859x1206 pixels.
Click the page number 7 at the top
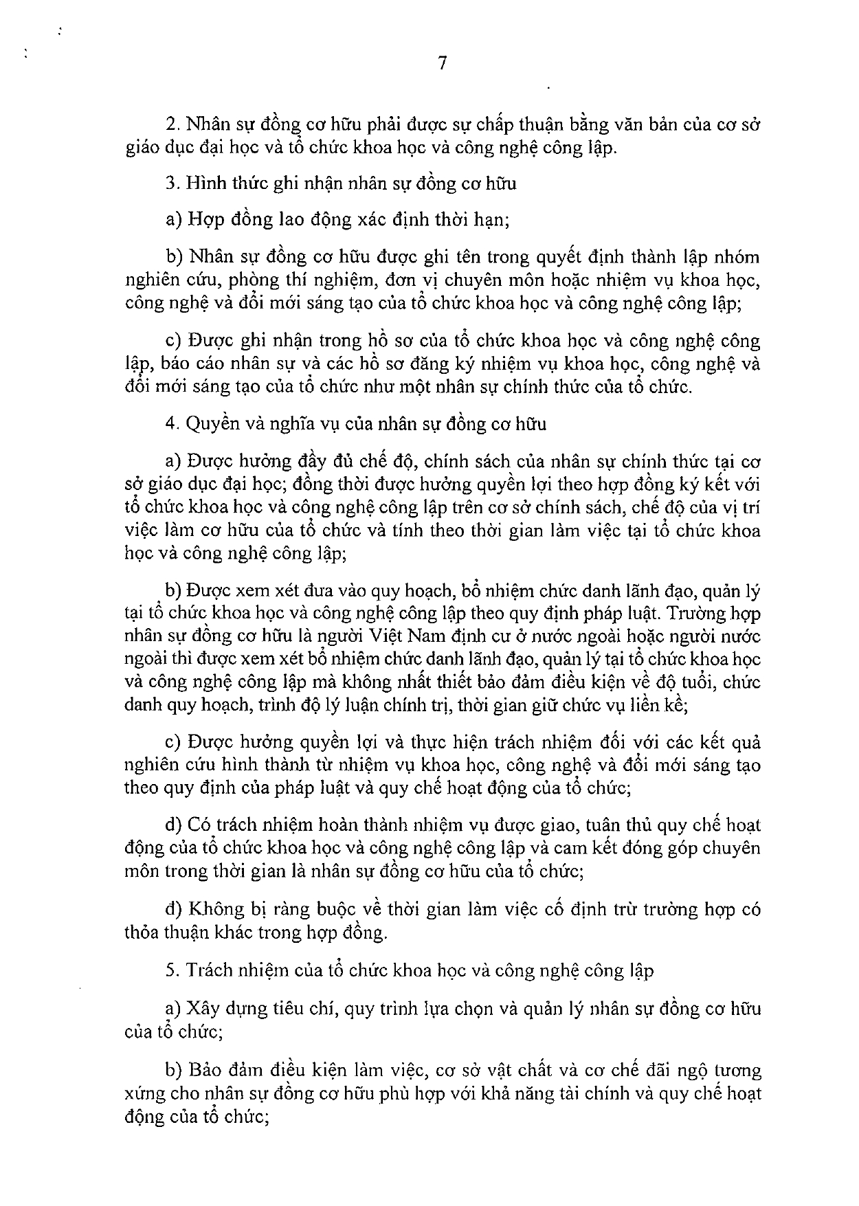click(442, 64)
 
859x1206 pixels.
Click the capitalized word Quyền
click(210, 424)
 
